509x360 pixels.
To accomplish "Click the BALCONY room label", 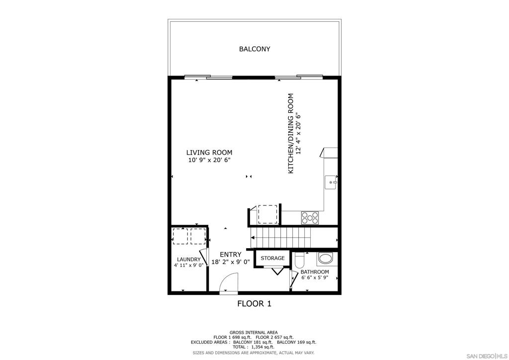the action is click(x=254, y=49).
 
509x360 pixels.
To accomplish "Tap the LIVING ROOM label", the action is click(x=209, y=152).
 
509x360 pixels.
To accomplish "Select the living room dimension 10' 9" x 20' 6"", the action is click(x=209, y=160).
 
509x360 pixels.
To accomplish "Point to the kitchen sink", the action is click(x=331, y=182).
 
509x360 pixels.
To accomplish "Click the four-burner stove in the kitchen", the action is click(x=310, y=218).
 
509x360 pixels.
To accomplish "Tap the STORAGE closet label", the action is click(x=273, y=258).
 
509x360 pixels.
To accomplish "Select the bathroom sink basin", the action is click(x=325, y=259).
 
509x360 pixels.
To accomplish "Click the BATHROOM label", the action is click(x=315, y=272).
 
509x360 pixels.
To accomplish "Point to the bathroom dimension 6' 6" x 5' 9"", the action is click(x=315, y=277).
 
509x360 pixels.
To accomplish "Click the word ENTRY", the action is click(x=231, y=255).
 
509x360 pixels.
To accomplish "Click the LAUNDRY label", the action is click(x=188, y=260).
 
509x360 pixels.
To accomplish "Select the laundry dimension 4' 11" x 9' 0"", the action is click(x=188, y=265).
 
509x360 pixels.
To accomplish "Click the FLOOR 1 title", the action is click(x=254, y=304).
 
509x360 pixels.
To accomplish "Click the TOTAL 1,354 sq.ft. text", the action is click(x=254, y=347).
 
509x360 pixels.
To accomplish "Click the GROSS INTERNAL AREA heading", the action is click(x=254, y=333).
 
